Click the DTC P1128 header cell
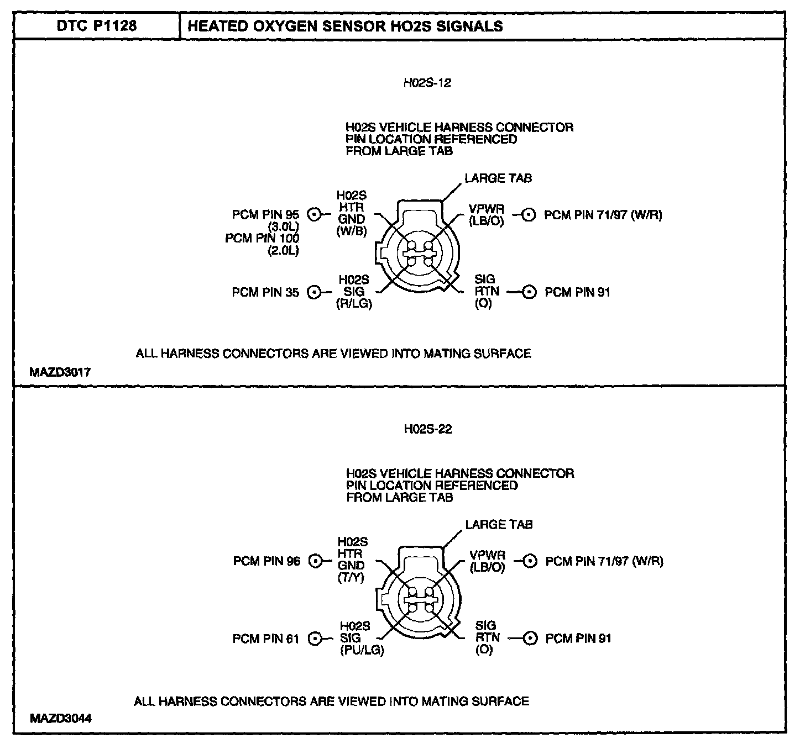(x=97, y=26)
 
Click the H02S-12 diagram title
(x=427, y=83)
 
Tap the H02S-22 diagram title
(x=428, y=429)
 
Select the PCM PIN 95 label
(x=265, y=215)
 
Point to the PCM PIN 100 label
(x=262, y=239)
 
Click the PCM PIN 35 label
(x=265, y=292)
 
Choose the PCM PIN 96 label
(x=266, y=561)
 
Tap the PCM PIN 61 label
(x=266, y=639)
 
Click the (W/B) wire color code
(x=352, y=231)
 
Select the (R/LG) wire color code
(x=354, y=304)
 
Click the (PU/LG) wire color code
(x=362, y=650)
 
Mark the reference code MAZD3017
(x=60, y=373)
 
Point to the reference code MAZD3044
(x=61, y=719)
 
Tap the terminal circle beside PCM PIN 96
(x=316, y=561)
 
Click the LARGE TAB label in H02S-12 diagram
(x=498, y=178)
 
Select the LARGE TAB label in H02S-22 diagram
(x=499, y=525)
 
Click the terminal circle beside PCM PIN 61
(x=315, y=639)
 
